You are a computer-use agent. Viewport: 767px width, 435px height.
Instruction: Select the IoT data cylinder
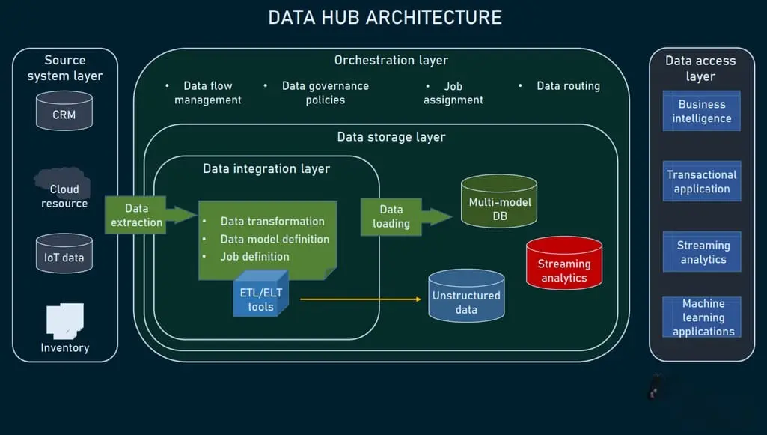coord(64,253)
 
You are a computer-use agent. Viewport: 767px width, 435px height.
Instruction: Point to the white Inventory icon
coord(64,320)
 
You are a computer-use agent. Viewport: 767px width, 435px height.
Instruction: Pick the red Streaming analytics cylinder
coord(563,263)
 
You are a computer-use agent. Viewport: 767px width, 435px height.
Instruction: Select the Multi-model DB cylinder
coord(499,202)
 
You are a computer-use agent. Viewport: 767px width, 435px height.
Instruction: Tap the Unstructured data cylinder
coord(466,296)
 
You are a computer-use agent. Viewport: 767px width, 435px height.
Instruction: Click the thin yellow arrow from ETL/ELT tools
coord(359,299)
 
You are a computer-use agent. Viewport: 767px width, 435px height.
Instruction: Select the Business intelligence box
coord(701,112)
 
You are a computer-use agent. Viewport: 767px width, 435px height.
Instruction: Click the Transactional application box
coord(701,181)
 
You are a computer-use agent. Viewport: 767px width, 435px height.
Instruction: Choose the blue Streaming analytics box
coord(701,252)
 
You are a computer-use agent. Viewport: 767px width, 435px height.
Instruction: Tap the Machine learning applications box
coord(701,317)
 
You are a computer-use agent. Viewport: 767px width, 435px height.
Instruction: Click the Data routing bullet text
coord(568,86)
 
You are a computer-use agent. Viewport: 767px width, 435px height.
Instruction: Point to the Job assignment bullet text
coord(453,93)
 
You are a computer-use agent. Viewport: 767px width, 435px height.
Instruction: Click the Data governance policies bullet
coord(325,93)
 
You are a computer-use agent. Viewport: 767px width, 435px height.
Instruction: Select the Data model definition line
coord(275,239)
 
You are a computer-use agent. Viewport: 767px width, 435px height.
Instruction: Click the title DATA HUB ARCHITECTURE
coord(385,17)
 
